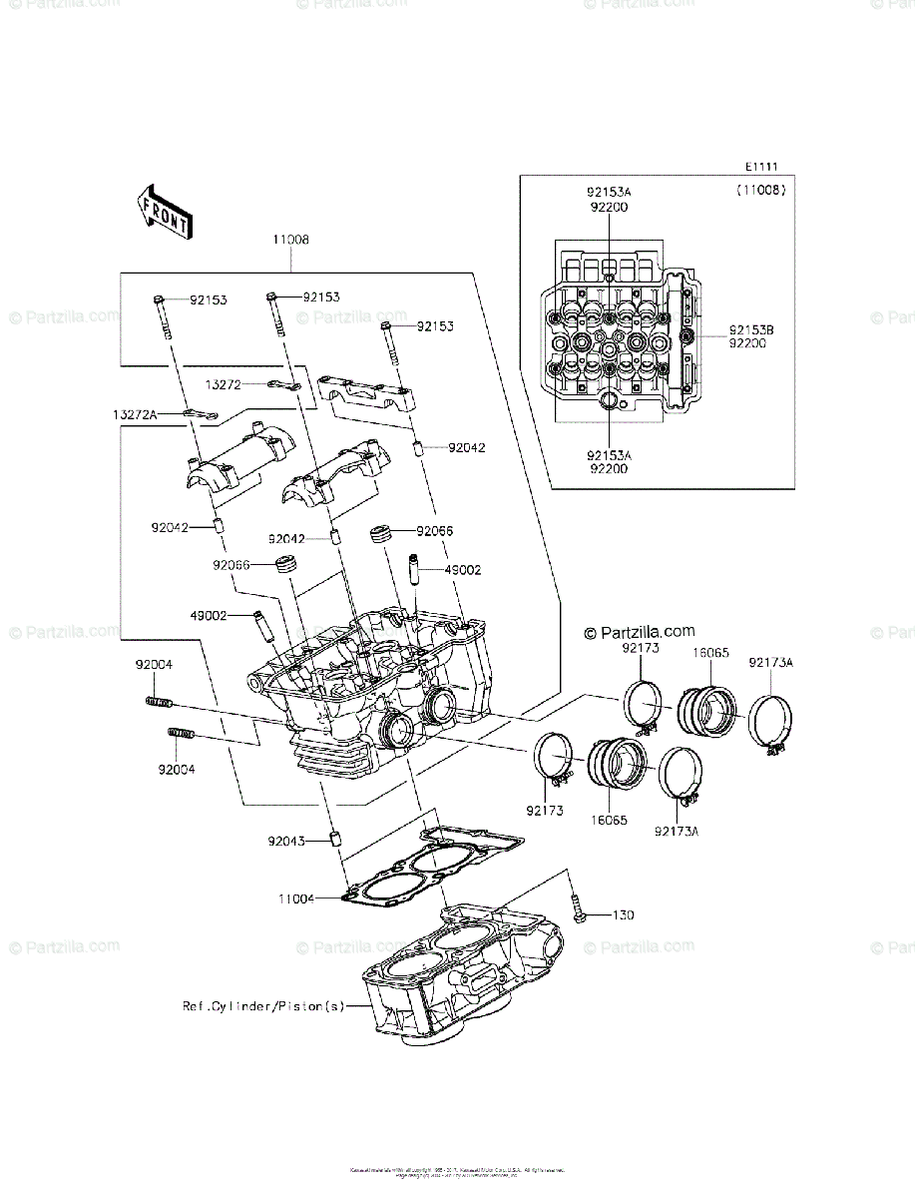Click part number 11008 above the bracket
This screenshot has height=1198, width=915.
coord(290,241)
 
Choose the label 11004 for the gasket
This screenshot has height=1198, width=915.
coord(296,898)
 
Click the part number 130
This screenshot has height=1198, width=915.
coord(624,915)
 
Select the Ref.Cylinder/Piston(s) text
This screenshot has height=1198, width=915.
coord(262,1006)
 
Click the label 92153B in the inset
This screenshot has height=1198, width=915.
coord(751,328)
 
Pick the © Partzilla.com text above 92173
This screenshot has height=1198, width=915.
coord(639,631)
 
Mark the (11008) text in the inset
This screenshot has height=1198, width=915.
coord(762,190)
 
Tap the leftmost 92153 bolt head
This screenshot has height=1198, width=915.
coord(160,299)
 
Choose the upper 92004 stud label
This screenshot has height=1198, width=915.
coord(155,664)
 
